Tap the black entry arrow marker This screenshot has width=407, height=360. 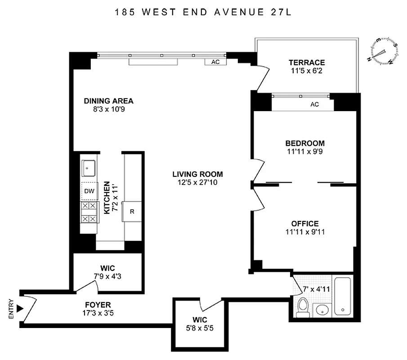(x=19, y=309)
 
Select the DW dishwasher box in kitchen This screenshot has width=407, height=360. (x=89, y=191)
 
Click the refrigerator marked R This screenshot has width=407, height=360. (x=133, y=211)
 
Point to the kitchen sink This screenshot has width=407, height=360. (x=88, y=168)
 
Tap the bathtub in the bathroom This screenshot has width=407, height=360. (x=343, y=297)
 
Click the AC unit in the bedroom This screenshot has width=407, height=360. (x=314, y=104)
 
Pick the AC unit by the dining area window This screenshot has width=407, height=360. (x=215, y=62)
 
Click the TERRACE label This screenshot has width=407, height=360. (x=307, y=63)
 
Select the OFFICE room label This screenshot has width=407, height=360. (x=304, y=224)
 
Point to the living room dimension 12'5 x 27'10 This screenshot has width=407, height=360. (x=197, y=182)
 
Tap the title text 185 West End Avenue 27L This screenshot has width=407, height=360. (x=202, y=12)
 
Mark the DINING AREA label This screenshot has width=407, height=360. (x=109, y=101)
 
